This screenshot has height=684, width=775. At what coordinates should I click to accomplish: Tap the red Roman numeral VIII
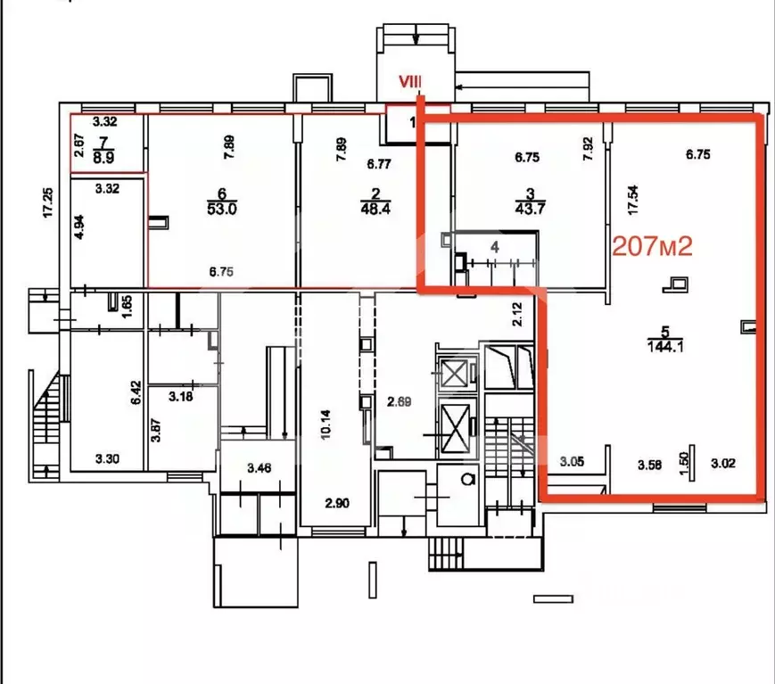410,81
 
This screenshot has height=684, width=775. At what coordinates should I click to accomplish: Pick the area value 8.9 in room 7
103,153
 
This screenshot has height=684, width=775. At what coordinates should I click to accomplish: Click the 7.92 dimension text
587,148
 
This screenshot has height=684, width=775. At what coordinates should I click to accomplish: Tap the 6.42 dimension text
136,394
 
